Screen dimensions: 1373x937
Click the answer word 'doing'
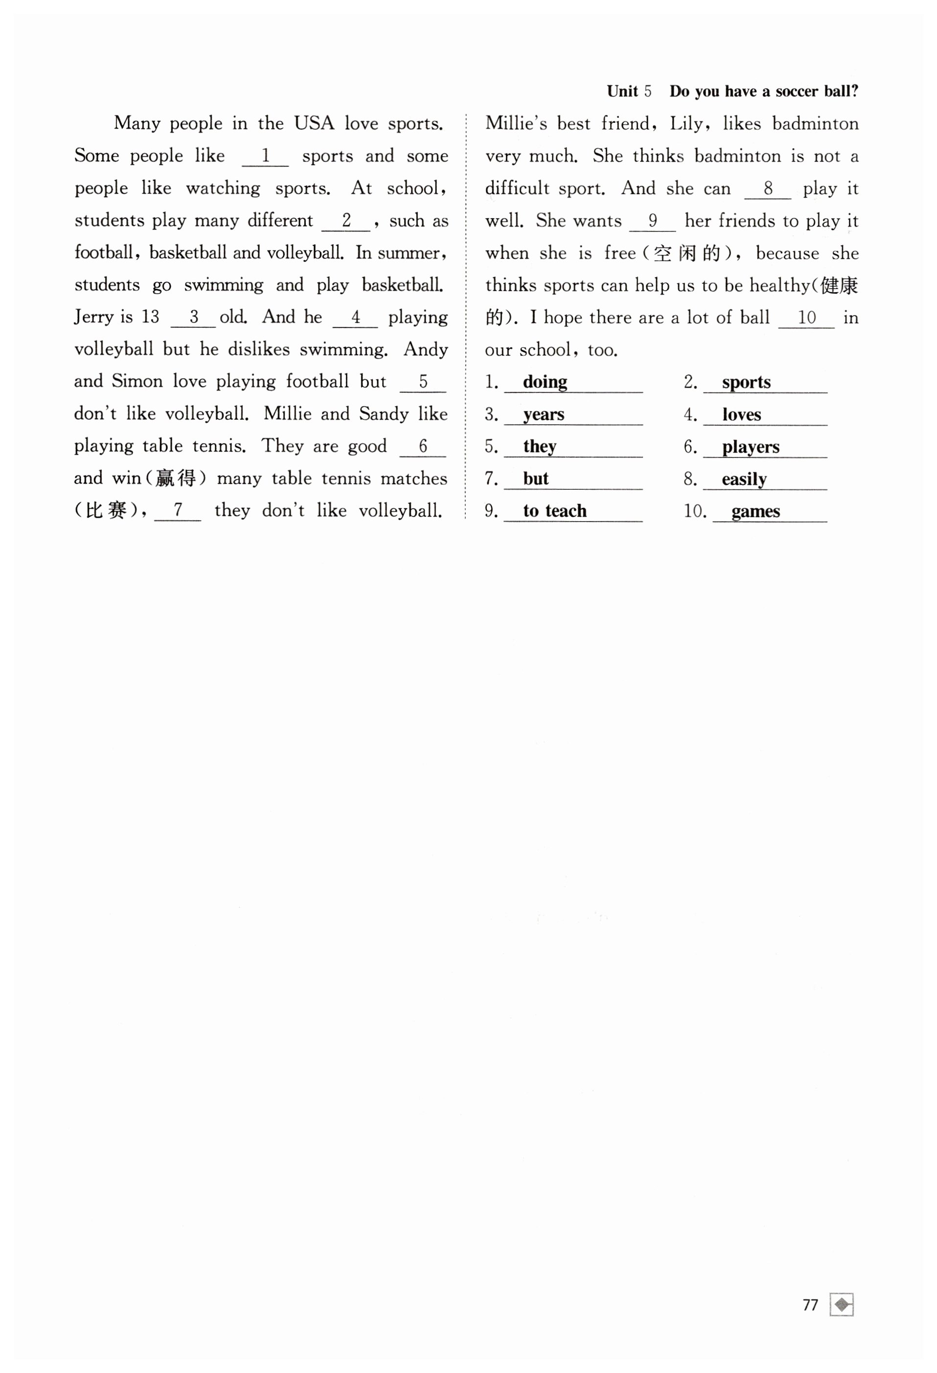545,382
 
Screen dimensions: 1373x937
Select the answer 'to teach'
555,511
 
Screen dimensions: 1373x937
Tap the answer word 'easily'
744,479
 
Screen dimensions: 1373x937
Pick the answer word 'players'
750,447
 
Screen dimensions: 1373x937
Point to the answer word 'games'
755,512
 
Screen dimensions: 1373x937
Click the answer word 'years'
544,415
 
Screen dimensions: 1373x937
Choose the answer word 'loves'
741,415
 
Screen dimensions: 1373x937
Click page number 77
810,1304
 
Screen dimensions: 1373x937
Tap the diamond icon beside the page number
841,1304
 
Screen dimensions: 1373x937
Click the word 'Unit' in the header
622,92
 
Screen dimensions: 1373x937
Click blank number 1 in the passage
265,156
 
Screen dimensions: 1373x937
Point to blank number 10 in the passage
806,318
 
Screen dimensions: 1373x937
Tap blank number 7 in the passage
177,510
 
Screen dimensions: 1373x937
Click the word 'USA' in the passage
314,123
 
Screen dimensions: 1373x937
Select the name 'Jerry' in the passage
93,317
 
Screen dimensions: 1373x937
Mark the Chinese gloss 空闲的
686,253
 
